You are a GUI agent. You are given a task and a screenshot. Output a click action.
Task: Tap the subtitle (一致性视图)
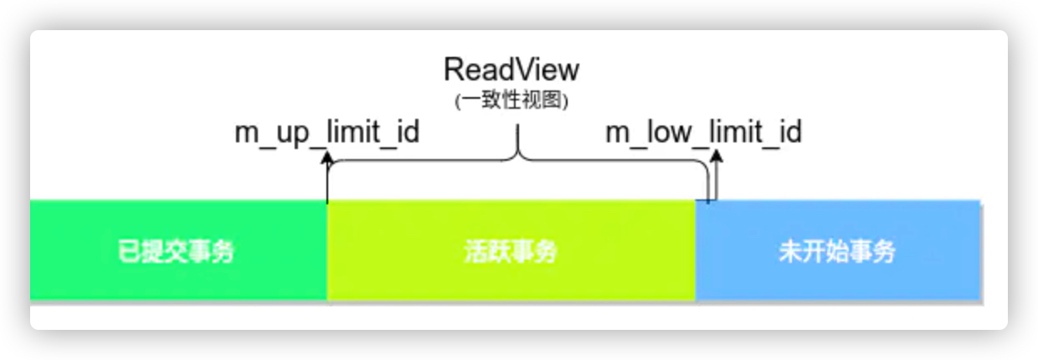[x=511, y=101]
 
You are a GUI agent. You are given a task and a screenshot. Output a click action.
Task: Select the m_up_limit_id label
[x=326, y=132]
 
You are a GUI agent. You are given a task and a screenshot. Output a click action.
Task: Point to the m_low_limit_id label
[x=703, y=132]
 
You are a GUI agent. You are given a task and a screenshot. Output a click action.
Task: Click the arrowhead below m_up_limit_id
[x=327, y=158]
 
